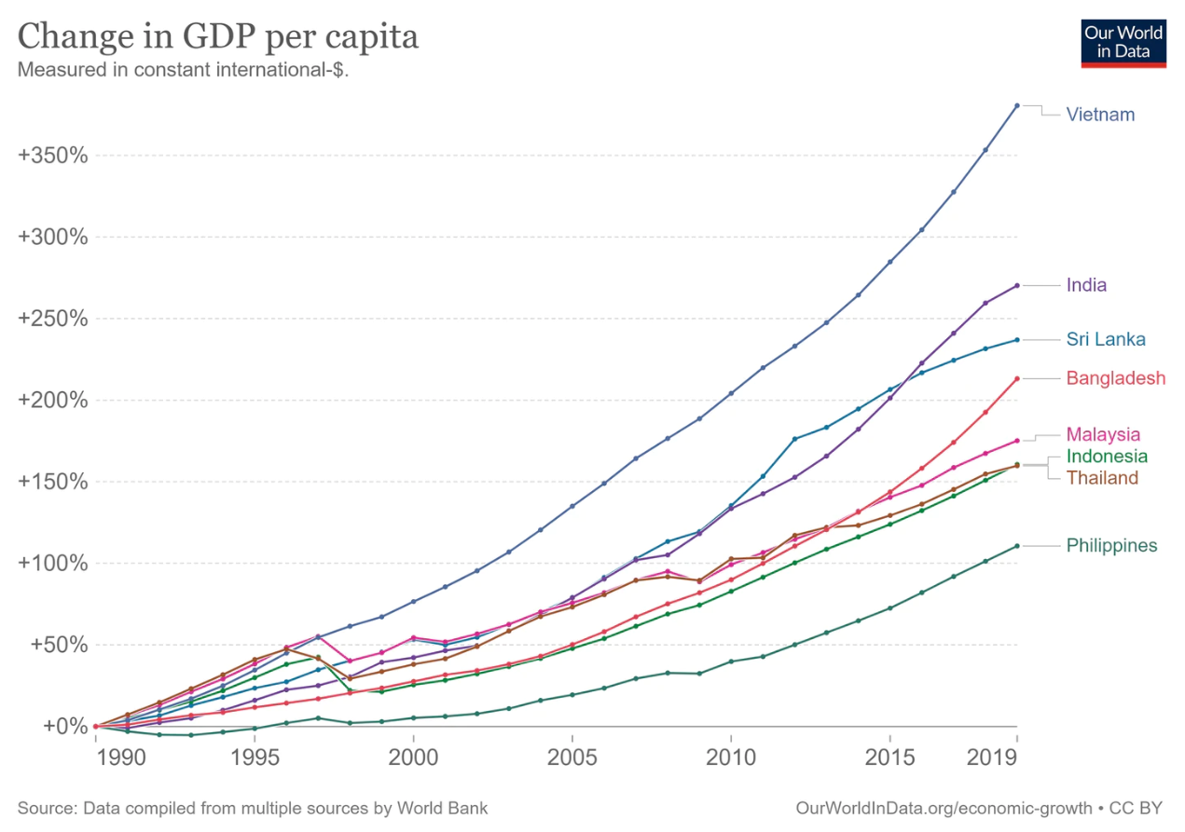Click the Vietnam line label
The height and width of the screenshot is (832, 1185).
click(x=1100, y=115)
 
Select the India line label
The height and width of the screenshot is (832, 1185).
click(x=1086, y=285)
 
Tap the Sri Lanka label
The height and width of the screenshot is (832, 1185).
click(x=1106, y=339)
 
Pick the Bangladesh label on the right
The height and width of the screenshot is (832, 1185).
click(x=1116, y=378)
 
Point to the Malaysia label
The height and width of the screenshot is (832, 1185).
click(x=1104, y=434)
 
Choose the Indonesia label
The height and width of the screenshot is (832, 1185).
click(x=1107, y=457)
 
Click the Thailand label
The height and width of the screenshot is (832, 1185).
click(x=1102, y=478)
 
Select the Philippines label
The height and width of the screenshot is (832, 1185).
click(x=1111, y=546)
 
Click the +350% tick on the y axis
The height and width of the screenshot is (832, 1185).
click(x=53, y=156)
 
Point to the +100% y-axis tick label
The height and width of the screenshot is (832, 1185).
click(x=53, y=563)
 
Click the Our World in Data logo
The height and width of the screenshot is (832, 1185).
click(x=1123, y=42)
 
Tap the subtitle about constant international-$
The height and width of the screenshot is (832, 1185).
click(x=183, y=70)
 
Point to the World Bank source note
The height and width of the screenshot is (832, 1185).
click(x=252, y=807)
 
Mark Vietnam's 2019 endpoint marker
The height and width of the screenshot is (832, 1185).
click(x=1016, y=105)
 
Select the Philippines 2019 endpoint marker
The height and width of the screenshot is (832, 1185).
click(x=1016, y=546)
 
